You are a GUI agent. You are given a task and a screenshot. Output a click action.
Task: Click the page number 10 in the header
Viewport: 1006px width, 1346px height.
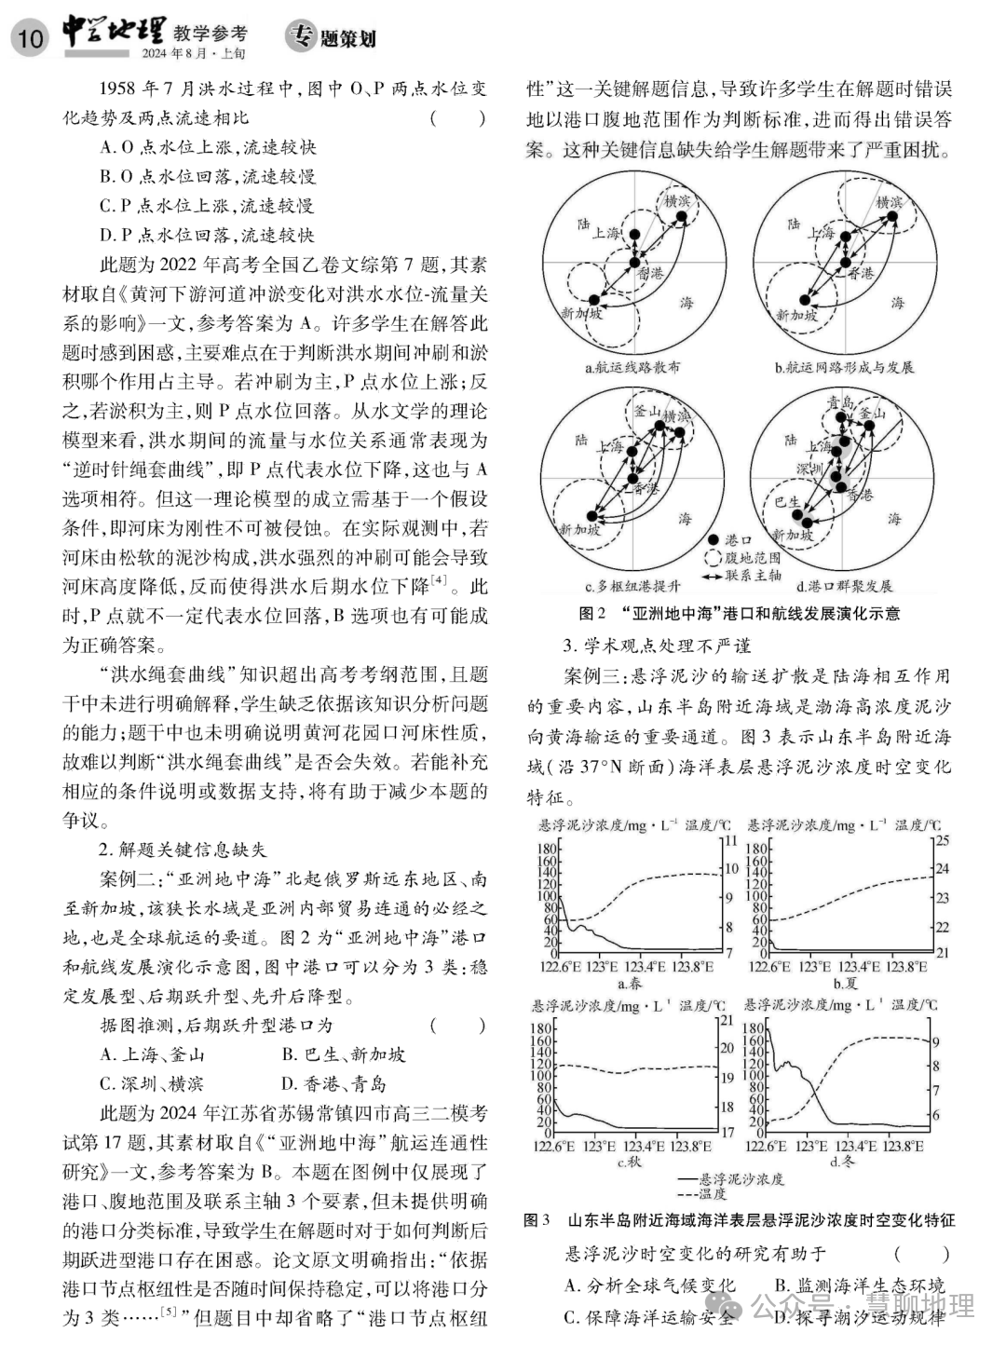click(30, 36)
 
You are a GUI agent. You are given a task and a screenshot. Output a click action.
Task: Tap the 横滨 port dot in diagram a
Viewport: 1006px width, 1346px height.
click(681, 218)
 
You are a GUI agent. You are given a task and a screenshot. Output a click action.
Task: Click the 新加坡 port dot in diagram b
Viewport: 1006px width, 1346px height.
click(803, 299)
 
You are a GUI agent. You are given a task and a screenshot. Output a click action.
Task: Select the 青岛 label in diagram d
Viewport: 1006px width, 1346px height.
click(841, 402)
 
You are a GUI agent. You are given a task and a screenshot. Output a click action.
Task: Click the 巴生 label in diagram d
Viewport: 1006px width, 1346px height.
click(788, 501)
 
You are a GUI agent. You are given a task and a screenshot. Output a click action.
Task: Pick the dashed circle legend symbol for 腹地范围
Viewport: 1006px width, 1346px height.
click(714, 557)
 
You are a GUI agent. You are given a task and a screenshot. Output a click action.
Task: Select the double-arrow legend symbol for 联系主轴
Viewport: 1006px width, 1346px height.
click(714, 575)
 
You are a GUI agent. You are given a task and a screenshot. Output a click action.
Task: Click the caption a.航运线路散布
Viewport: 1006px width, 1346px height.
click(632, 367)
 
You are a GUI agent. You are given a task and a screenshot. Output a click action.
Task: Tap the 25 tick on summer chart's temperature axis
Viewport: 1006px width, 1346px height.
click(942, 840)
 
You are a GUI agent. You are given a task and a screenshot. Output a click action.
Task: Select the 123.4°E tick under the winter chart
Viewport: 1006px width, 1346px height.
click(856, 1147)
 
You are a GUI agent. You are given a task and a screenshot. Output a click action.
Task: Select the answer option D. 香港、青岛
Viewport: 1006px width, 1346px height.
click(333, 1083)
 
